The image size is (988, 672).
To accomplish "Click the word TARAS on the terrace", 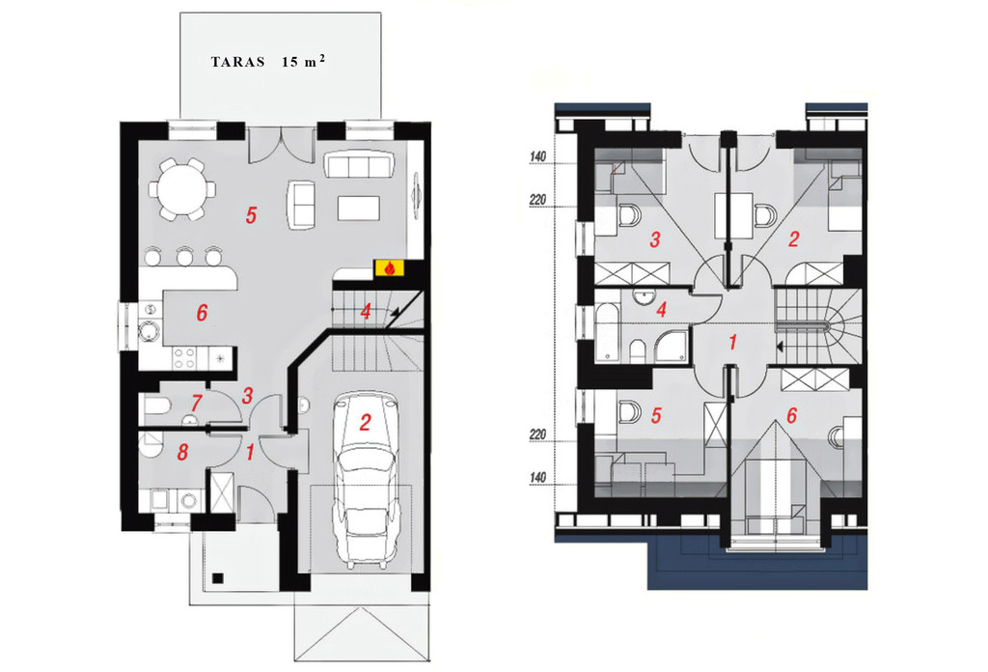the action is coord(237,62).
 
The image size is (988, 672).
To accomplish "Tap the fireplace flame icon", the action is coord(390,268).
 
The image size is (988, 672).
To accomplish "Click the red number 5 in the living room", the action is coord(252,215).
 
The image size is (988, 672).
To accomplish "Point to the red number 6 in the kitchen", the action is coord(202,313).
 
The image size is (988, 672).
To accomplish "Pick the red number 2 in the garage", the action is coord(365,422).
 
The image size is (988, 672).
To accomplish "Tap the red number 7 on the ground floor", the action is coord(196,403).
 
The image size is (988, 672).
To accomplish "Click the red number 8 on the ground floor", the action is coord(182,452).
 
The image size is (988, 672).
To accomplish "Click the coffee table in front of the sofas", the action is coord(359,208).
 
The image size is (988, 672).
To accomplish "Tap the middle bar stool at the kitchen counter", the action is coord(184,256).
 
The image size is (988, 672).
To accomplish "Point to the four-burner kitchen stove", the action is coord(184,359).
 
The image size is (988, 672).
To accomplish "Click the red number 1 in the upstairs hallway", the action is coord(732,343).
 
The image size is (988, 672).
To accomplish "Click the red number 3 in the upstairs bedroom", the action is coord(655,239).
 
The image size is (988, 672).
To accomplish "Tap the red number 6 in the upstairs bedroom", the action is coord(791,415).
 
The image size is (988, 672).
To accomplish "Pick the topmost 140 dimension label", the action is coord(537,156).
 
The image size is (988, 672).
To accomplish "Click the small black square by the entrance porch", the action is coord(217,577).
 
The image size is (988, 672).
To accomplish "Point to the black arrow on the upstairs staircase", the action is coord(780,346).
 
